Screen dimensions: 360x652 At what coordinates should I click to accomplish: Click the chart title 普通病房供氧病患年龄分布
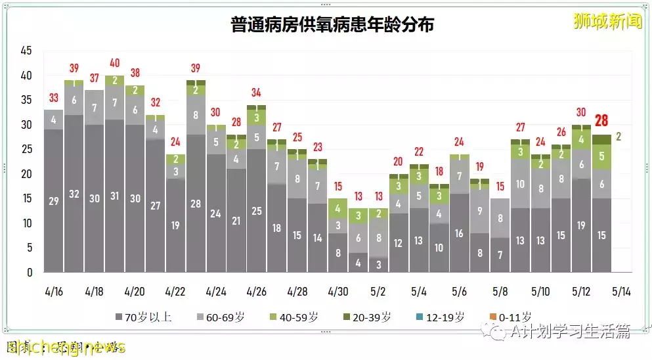(332, 26)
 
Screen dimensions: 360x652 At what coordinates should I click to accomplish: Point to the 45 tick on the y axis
(26, 51)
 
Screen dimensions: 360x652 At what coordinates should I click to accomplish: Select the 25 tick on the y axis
(26, 149)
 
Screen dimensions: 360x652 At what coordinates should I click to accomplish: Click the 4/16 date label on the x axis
(53, 291)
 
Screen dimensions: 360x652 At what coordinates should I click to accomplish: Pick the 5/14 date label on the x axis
(622, 291)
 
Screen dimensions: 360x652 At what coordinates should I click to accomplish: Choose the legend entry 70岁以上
(143, 317)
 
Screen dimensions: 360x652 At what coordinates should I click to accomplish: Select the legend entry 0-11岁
(510, 317)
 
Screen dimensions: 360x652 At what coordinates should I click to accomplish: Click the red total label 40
(114, 64)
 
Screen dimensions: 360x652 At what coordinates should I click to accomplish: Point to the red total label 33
(53, 99)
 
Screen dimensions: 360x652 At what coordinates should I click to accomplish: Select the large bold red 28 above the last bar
(601, 121)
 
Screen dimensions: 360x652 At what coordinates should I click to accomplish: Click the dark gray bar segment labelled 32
(74, 194)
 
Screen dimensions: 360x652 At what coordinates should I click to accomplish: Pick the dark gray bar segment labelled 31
(114, 196)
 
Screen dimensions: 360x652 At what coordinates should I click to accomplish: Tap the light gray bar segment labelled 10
(520, 184)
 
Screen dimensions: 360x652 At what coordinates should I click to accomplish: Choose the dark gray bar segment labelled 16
(460, 233)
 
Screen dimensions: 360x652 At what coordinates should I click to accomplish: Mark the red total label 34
(256, 93)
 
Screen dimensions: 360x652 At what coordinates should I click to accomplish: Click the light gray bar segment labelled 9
(479, 211)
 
